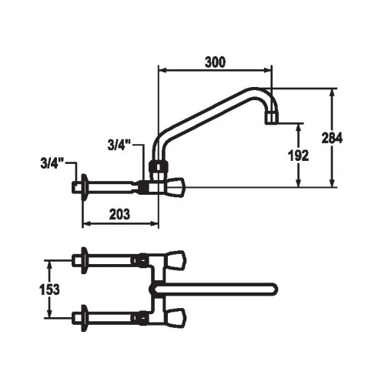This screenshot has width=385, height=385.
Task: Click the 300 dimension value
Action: (x=215, y=62)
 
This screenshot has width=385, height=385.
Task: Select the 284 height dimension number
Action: (x=332, y=138)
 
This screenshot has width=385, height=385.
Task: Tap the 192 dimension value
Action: (x=298, y=156)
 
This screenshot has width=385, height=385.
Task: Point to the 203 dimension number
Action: (x=119, y=214)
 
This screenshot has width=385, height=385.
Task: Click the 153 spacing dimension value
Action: (x=49, y=290)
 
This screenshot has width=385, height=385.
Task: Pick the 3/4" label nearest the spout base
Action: (x=119, y=146)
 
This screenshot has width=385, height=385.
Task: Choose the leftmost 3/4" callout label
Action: (x=52, y=163)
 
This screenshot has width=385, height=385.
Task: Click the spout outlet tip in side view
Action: (x=272, y=118)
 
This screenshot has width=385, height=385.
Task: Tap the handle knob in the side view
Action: (x=176, y=187)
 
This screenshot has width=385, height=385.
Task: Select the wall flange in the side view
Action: (x=84, y=187)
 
